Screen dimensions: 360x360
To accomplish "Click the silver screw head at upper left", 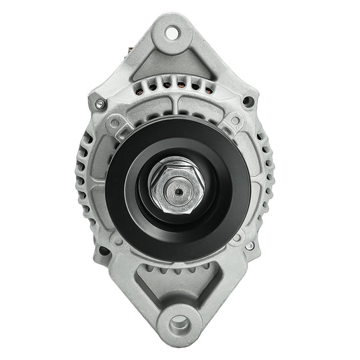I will tap(100, 104).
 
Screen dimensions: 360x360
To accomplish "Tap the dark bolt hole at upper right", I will tap(249, 102).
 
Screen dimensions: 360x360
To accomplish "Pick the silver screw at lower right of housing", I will tap(250, 246).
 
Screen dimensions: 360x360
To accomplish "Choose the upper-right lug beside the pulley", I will tap(236, 121).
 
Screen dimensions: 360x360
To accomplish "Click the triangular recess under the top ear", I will tap(172, 64).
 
